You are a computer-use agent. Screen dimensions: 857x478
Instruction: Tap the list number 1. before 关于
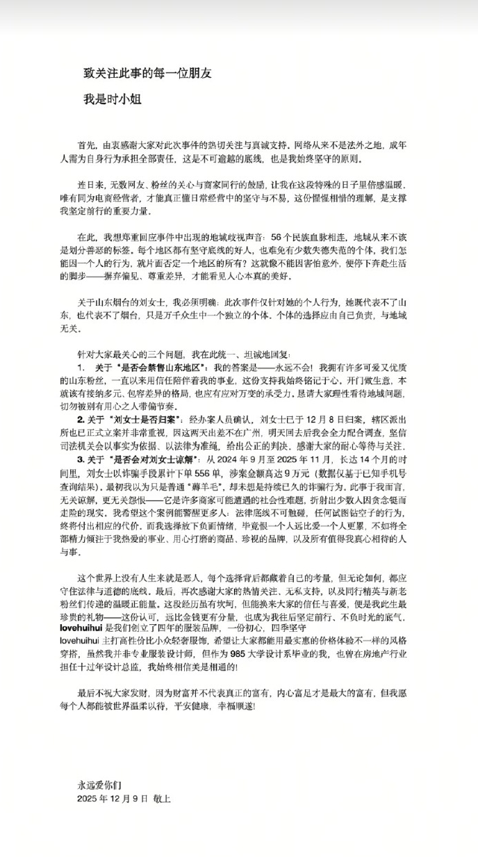point(81,366)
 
